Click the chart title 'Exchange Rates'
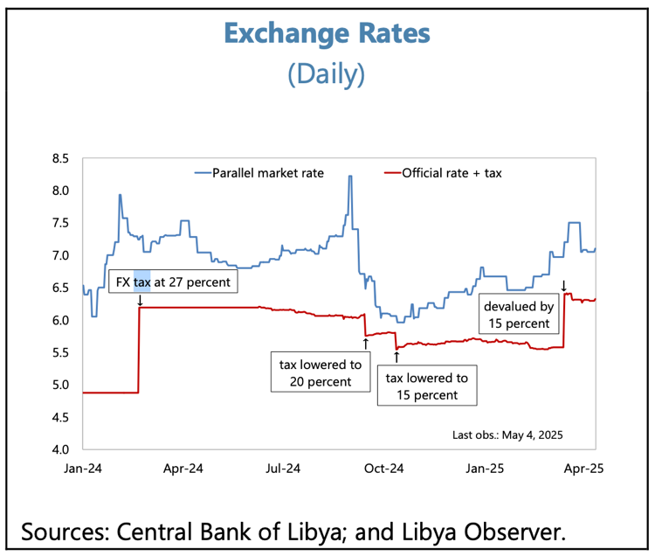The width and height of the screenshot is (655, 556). point(327,33)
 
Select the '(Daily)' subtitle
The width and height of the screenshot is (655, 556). point(327,73)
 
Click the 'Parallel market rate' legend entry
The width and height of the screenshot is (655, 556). point(267,173)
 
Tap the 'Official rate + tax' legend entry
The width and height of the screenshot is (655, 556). point(450,173)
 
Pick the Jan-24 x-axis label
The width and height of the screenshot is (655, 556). point(81,469)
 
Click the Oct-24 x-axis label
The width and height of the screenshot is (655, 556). point(383,469)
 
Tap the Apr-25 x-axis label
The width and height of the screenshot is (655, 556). point(585,469)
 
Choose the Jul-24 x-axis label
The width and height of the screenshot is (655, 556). point(283,469)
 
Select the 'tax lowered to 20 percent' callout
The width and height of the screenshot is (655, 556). point(321,372)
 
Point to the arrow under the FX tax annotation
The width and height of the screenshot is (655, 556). point(140,300)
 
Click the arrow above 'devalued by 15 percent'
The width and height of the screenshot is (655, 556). point(563,285)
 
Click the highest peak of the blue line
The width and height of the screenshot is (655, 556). point(350,177)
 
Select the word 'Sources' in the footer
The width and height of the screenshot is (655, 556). point(64,530)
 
